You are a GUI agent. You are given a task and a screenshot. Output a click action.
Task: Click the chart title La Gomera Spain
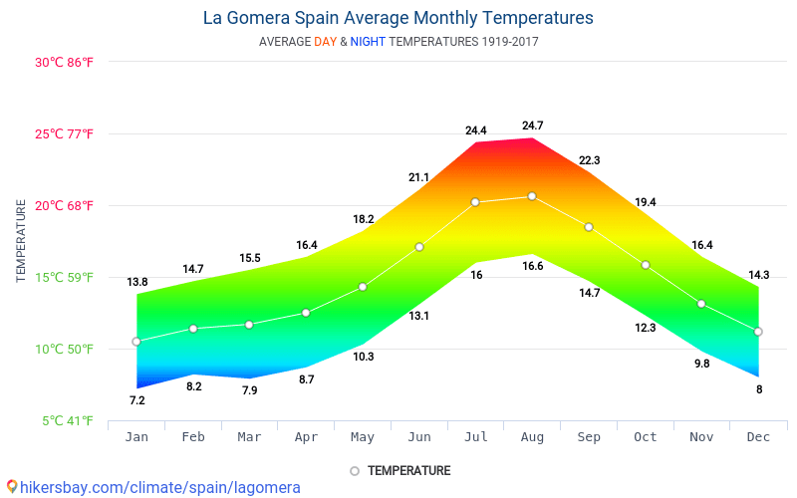click(398, 18)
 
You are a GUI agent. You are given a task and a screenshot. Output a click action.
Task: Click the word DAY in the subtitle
click(325, 42)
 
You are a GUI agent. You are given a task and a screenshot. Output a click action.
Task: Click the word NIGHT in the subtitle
click(368, 42)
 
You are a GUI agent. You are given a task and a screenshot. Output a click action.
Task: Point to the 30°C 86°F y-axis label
click(65, 62)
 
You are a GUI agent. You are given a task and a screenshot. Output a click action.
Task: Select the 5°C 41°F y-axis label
click(68, 421)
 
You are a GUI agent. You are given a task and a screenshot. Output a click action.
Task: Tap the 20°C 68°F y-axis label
click(65, 206)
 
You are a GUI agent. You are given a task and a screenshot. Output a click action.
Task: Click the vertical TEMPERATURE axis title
click(21, 240)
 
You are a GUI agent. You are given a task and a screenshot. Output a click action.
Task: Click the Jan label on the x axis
click(136, 437)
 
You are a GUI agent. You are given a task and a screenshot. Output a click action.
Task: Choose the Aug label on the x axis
click(532, 437)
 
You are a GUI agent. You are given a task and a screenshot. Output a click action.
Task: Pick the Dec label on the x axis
click(758, 437)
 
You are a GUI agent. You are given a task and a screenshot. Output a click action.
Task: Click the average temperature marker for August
click(532, 196)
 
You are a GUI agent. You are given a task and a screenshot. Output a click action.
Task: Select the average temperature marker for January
click(136, 342)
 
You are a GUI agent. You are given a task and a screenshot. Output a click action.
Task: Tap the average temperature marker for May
click(363, 287)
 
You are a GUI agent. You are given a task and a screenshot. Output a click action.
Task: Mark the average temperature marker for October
click(646, 265)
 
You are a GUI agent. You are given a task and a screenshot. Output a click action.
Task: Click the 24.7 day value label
click(533, 125)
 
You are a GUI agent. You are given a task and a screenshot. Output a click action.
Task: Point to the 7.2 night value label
click(137, 400)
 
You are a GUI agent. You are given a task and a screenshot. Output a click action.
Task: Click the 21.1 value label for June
click(418, 177)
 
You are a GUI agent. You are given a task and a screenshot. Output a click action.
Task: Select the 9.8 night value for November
click(702, 364)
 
